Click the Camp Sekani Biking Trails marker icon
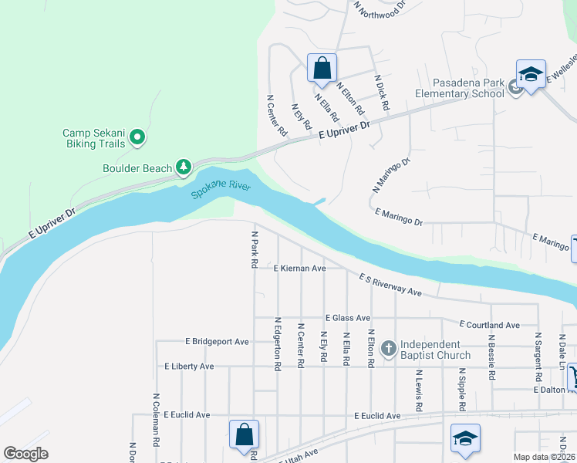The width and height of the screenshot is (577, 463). (x=137, y=137)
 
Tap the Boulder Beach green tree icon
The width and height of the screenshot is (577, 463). (x=183, y=167)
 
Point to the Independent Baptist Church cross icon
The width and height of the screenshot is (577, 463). (x=388, y=350)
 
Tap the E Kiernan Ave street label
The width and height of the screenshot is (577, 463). (x=300, y=269)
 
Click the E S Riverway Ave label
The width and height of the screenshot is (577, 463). (x=390, y=284)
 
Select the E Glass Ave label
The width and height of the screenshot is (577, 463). (x=348, y=318)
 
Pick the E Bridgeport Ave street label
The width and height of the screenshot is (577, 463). (x=217, y=341)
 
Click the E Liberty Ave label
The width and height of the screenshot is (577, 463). (x=188, y=367)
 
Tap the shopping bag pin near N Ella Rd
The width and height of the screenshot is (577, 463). (x=322, y=67)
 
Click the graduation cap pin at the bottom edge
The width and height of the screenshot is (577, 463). (x=465, y=438)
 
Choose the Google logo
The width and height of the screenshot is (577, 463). (x=25, y=454)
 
